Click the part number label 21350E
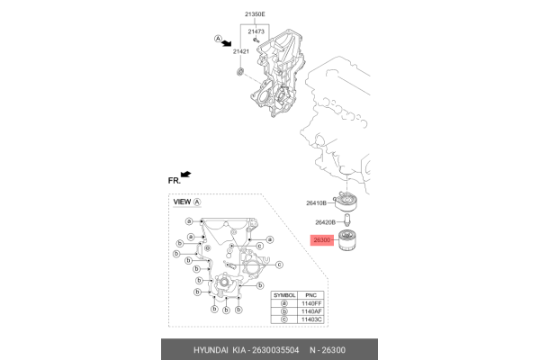click(x=256, y=15)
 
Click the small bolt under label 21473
click(x=256, y=40)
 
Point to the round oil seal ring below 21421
click(x=238, y=70)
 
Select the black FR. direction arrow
click(x=186, y=173)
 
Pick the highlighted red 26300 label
click(x=321, y=240)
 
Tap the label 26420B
click(x=326, y=221)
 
